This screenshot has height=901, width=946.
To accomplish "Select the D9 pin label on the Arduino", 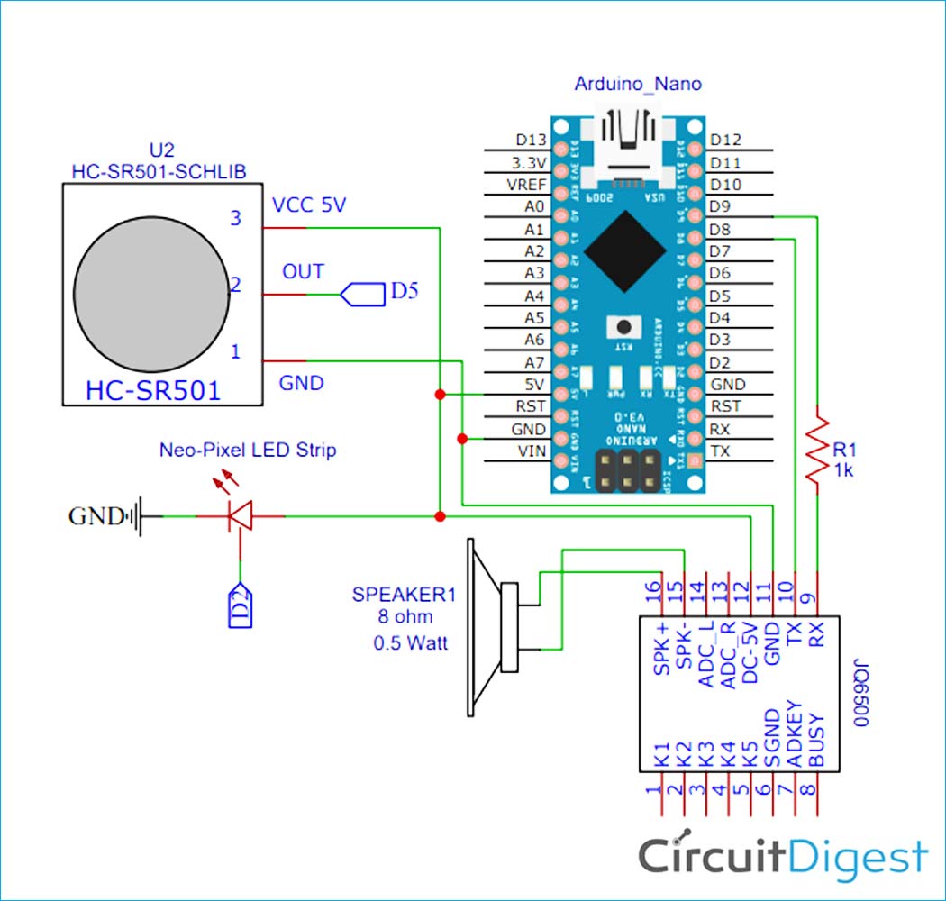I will (x=721, y=206).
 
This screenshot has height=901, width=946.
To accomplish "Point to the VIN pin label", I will (x=532, y=451).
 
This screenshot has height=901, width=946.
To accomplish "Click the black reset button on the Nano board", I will (x=620, y=325).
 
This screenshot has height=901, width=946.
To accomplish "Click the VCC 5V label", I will (x=309, y=205).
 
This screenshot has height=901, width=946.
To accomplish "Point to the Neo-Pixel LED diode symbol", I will (x=240, y=516).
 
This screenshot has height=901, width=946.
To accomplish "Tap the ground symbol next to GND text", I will (x=136, y=516).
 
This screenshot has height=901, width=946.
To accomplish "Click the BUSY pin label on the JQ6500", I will (x=817, y=741).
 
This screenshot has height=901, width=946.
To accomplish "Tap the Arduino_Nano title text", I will (x=638, y=85).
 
